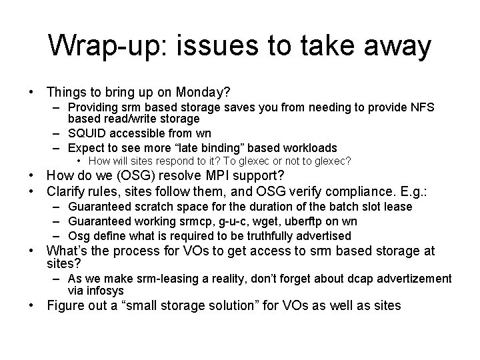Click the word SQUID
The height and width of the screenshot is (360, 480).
(89, 133)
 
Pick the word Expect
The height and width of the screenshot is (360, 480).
(87, 148)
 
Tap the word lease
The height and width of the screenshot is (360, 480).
(398, 207)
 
